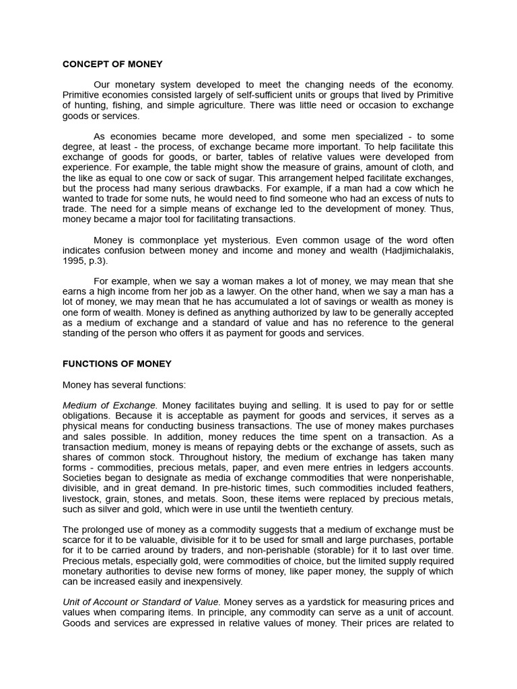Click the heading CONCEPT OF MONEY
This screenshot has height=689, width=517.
pos(112,65)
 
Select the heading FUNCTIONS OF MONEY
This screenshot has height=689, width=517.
pos(117,364)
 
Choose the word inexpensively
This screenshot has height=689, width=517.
pos(206,582)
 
